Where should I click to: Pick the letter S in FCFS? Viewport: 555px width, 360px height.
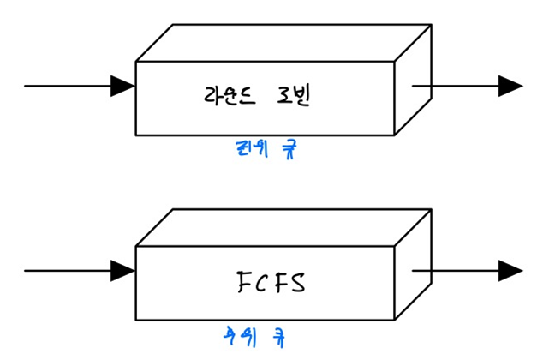295,281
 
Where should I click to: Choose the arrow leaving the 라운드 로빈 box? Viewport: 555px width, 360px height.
467,86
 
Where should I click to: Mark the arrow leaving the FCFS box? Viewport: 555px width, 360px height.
467,271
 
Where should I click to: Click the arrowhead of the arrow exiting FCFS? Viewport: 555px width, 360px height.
511,271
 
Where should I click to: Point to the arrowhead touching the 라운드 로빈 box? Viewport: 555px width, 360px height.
123,86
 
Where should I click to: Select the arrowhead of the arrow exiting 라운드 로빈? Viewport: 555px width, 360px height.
511,86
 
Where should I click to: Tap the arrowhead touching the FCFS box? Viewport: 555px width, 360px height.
123,271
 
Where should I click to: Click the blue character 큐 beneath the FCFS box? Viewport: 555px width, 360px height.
278,333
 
